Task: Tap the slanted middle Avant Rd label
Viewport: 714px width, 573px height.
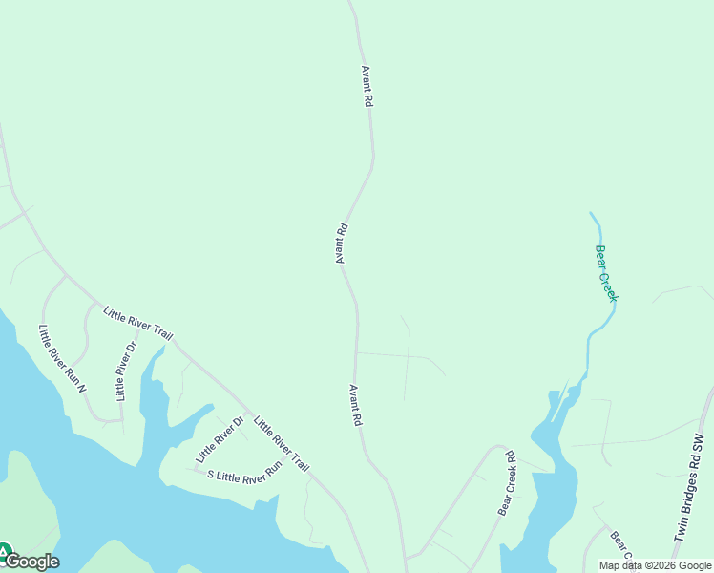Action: point(340,244)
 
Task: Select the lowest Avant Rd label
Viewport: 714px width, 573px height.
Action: point(356,405)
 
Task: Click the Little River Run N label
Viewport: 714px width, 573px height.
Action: point(62,359)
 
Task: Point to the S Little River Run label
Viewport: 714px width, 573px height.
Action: point(245,470)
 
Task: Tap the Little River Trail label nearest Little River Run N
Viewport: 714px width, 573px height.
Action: point(137,324)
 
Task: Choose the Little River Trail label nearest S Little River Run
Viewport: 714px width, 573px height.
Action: point(281,442)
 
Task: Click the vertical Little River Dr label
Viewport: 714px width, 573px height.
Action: point(126,371)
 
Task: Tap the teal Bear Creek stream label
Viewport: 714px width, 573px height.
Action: point(607,273)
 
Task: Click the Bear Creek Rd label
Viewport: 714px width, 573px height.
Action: point(506,483)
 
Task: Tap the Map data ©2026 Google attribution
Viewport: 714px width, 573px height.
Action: point(655,565)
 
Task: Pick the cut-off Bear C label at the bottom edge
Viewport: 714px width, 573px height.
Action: point(621,546)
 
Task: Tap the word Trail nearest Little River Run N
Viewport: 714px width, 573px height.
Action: point(159,333)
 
